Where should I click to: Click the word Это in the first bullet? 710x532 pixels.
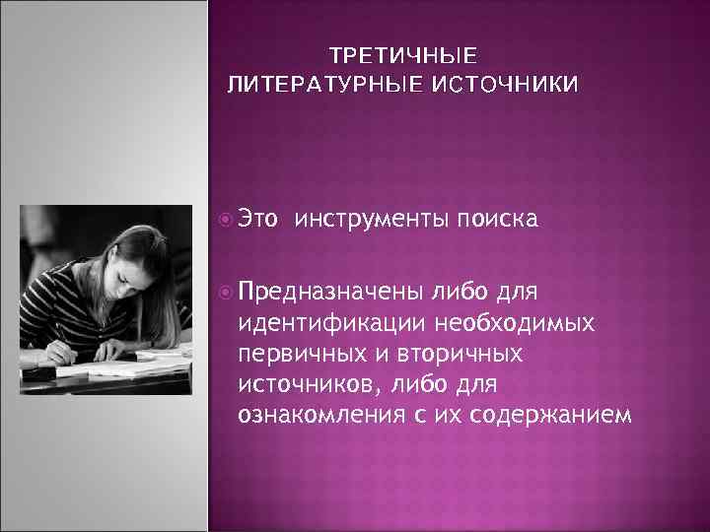tap(259, 220)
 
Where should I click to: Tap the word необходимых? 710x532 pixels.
tap(523, 323)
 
